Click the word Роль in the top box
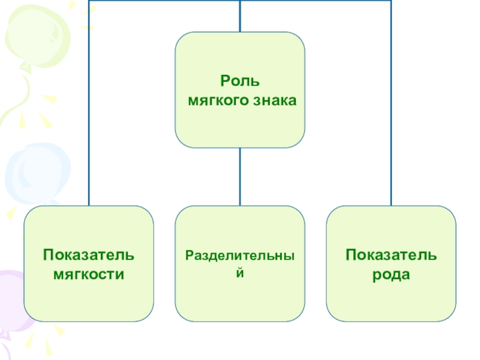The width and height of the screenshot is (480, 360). (x=240, y=82)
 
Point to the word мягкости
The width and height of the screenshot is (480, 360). (x=89, y=275)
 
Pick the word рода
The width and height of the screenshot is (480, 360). (x=391, y=275)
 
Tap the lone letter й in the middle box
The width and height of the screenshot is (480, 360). (x=240, y=272)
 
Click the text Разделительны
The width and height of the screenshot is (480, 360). (x=240, y=256)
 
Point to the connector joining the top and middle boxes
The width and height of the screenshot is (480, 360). (x=240, y=176)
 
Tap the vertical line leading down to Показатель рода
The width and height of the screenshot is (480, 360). (x=391, y=120)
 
